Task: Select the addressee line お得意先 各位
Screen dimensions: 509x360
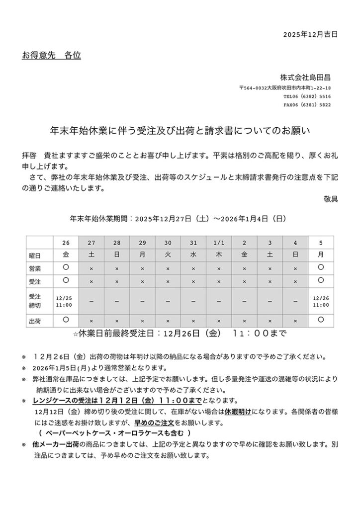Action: (51, 55)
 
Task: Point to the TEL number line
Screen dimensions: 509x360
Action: (307, 96)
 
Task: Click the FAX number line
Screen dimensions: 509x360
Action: (307, 105)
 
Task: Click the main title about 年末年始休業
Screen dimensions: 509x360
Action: (180, 131)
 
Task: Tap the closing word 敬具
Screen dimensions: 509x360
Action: (331, 199)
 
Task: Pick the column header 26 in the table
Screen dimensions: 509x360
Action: (66, 243)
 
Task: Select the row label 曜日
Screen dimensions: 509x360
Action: (34, 255)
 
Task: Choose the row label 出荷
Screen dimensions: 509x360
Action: (34, 321)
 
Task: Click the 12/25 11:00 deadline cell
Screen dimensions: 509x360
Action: (66, 301)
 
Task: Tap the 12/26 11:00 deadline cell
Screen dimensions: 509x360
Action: (321, 301)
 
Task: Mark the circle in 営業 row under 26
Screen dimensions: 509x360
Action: (66, 267)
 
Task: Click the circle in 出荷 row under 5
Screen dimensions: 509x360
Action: (321, 320)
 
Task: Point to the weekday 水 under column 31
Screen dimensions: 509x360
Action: (193, 255)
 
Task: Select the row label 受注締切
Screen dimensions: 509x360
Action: (34, 301)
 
